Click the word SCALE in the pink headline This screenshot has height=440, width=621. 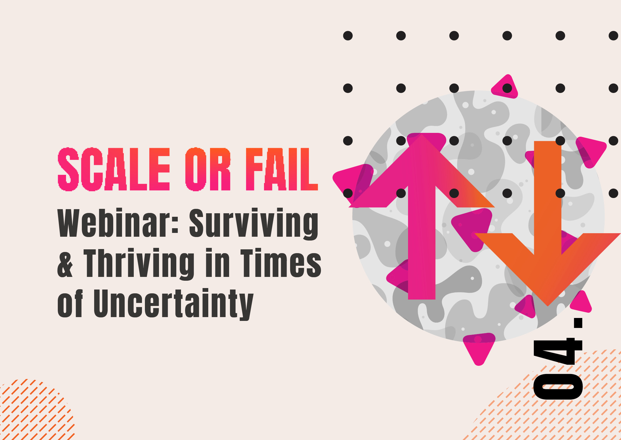(x=114, y=169)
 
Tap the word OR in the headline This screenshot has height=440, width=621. (x=208, y=169)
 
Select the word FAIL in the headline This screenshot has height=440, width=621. (x=282, y=169)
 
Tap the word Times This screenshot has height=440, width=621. (x=281, y=263)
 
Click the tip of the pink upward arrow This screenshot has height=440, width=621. (x=422, y=134)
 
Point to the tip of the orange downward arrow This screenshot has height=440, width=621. (x=548, y=306)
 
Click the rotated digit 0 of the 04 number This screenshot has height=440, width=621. (x=558, y=387)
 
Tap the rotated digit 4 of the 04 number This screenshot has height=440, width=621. (x=558, y=351)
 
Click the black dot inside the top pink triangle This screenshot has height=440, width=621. (x=507, y=88)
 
